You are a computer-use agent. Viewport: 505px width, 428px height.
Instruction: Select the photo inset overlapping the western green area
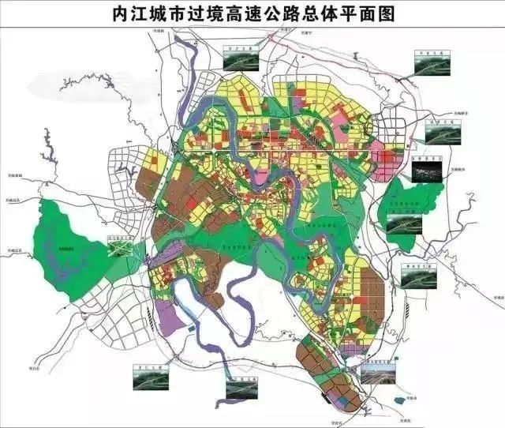tap(122, 248)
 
